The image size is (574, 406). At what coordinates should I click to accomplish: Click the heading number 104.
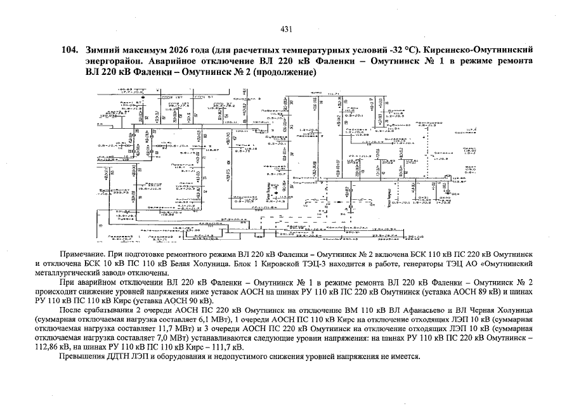click(68, 49)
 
